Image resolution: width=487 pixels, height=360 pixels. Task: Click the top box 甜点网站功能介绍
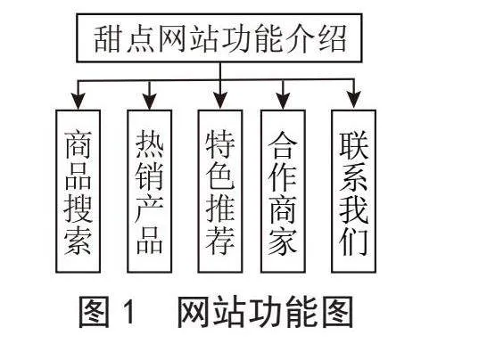[x=219, y=37]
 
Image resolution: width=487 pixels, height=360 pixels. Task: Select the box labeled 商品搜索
[x=78, y=192]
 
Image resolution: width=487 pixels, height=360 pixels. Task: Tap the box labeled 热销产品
[x=149, y=192]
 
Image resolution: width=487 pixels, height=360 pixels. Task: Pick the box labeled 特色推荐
[x=220, y=192]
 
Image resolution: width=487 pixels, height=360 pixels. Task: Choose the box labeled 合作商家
[x=283, y=192]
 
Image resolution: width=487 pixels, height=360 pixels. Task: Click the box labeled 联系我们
[x=354, y=192]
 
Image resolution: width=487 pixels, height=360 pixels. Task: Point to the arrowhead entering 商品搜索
[x=78, y=101]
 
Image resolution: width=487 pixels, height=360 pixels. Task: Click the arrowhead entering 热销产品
[x=149, y=101]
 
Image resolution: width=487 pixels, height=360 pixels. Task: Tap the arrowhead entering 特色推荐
[x=220, y=101]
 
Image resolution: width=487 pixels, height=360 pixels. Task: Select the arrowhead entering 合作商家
[x=283, y=101]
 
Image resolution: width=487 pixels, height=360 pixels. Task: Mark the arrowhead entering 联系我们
[x=354, y=99]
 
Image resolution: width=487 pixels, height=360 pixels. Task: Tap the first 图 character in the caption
[x=95, y=312]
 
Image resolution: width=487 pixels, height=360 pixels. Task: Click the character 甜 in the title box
[x=107, y=39]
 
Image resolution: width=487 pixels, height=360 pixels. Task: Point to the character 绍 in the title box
[x=333, y=39]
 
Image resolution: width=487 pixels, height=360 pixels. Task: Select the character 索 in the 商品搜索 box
[x=78, y=241]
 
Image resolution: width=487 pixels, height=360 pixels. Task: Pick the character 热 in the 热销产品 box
[x=149, y=144]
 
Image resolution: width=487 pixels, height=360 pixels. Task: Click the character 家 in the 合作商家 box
[x=283, y=241]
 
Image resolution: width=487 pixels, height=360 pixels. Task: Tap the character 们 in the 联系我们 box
[x=354, y=241]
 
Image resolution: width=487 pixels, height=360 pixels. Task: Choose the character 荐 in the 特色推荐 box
[x=220, y=241]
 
